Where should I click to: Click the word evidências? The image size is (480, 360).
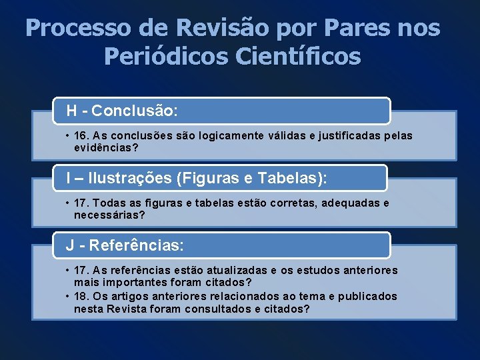point(106,148)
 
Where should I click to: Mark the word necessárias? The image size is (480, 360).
point(109,215)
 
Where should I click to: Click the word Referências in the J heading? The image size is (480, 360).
point(136,245)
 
